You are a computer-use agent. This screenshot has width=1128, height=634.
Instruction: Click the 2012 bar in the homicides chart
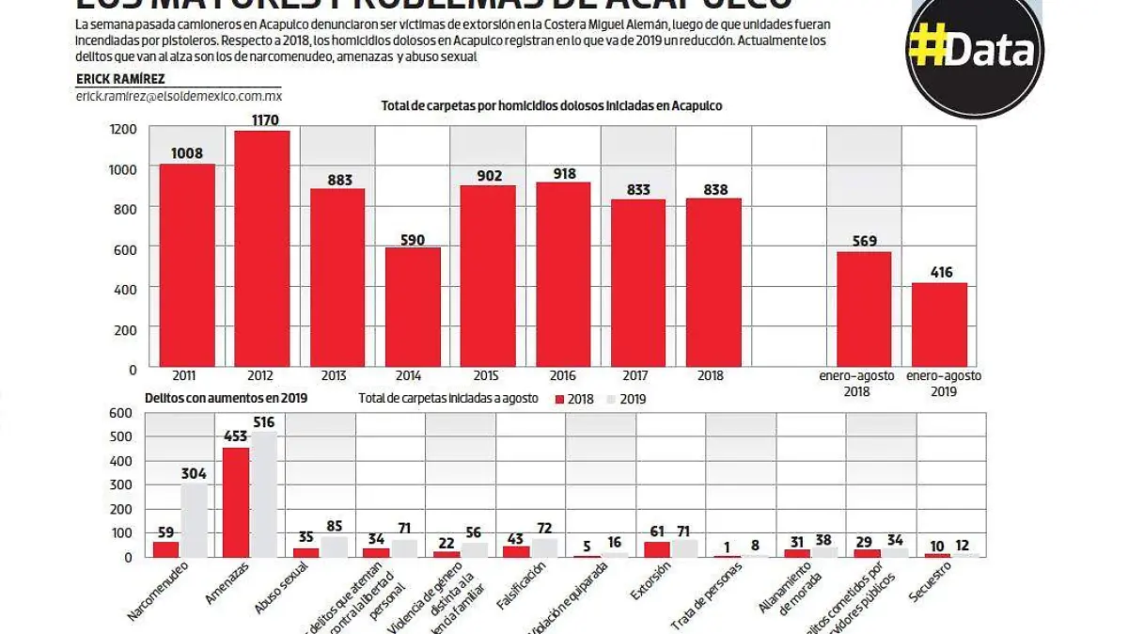[x=262, y=248]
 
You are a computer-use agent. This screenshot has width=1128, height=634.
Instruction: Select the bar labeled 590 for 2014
[x=413, y=307]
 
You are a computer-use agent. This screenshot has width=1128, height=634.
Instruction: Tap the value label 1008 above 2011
[x=187, y=153]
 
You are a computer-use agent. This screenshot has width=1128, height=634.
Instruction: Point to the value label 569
[x=864, y=240]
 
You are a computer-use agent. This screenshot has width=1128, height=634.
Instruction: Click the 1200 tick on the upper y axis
[x=124, y=129]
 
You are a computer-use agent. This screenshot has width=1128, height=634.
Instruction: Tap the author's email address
[x=179, y=97]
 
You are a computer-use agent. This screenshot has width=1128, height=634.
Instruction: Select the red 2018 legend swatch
[x=560, y=399]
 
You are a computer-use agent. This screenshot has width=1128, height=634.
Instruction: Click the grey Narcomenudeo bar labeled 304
[x=194, y=520]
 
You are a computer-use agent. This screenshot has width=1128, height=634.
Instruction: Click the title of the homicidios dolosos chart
[x=552, y=106]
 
